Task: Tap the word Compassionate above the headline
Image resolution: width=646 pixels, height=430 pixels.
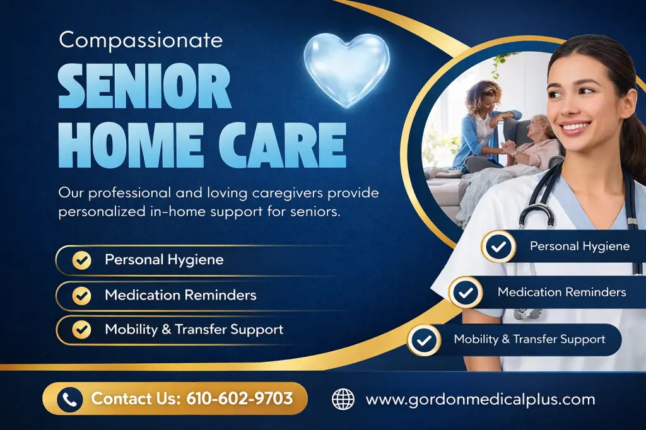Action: click(x=141, y=40)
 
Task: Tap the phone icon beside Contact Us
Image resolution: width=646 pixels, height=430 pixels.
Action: click(x=70, y=398)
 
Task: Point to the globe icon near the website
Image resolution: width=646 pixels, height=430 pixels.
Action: click(x=343, y=398)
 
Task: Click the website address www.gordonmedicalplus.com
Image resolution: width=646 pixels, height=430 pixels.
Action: click(x=480, y=399)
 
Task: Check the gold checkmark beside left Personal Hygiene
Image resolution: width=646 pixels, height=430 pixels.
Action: click(x=81, y=260)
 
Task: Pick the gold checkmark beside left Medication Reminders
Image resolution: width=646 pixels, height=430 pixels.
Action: click(x=81, y=295)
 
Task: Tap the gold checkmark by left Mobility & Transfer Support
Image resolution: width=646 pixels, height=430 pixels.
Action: click(x=81, y=329)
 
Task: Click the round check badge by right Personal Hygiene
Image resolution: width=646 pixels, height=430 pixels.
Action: click(x=498, y=247)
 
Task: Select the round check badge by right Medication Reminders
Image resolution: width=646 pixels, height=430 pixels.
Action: click(x=466, y=293)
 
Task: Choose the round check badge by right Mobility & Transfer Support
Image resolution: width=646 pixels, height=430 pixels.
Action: click(x=424, y=340)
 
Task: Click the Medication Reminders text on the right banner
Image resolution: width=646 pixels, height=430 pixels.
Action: click(x=561, y=292)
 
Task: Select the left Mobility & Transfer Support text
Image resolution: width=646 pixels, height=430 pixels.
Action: click(x=194, y=329)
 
